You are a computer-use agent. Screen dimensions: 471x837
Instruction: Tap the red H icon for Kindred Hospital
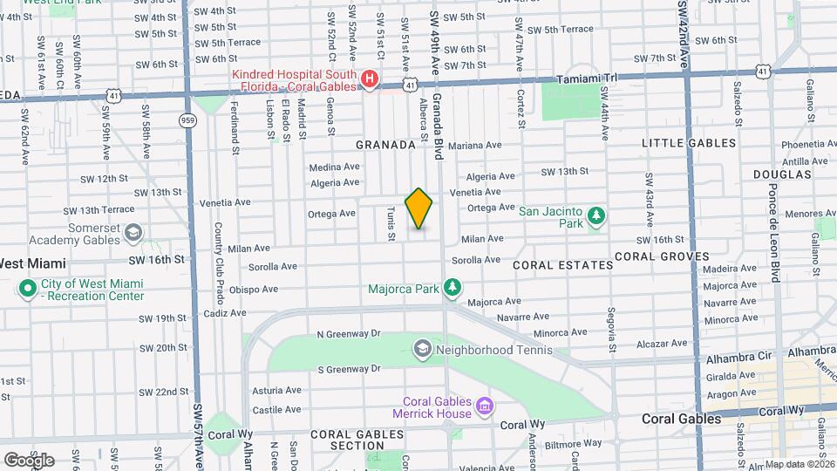pos(370,80)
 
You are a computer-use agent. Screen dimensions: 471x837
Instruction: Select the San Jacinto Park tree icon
pos(596,215)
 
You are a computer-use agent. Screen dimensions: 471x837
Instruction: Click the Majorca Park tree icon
pos(452,287)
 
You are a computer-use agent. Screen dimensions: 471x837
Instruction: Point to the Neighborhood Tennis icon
pos(423,350)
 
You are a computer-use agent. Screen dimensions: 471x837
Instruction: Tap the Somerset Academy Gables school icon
pos(133,233)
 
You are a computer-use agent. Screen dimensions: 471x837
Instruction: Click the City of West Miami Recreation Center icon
pos(27,288)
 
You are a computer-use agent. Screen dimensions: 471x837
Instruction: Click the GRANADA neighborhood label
pos(384,145)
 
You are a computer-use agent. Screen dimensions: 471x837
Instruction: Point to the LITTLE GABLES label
pos(689,143)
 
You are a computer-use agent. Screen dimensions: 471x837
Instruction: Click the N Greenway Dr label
pos(349,333)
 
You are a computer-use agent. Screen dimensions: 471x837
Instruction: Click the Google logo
pos(29,460)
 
